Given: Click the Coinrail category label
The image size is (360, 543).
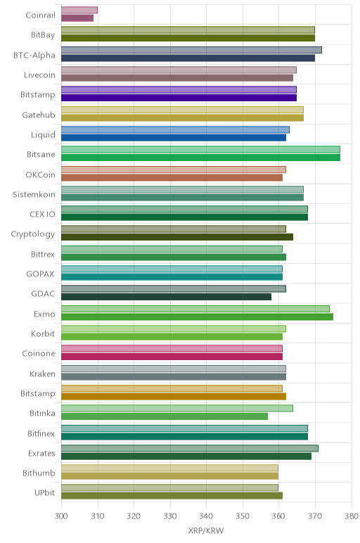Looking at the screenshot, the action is click(x=40, y=15).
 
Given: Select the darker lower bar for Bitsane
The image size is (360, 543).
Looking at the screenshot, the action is click(x=201, y=158).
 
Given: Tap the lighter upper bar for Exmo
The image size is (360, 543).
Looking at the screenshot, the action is click(x=195, y=309).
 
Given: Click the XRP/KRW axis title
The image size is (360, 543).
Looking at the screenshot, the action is click(x=206, y=530).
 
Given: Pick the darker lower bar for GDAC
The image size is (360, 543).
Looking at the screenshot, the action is click(x=166, y=297).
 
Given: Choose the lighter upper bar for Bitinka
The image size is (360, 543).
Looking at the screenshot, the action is click(x=177, y=408).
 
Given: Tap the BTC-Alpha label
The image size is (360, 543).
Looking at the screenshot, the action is click(x=34, y=55).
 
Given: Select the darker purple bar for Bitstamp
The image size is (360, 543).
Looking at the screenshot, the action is click(x=179, y=98).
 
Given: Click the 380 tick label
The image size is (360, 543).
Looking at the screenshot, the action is click(x=352, y=516).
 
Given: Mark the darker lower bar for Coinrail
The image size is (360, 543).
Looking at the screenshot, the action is click(x=77, y=18).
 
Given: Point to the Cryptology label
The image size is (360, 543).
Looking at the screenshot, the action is click(x=33, y=234).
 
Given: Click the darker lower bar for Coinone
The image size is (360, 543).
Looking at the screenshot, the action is click(x=172, y=357).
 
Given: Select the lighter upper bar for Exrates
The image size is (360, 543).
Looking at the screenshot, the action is click(x=190, y=449).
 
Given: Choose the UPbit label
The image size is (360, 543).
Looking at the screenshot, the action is click(x=45, y=493).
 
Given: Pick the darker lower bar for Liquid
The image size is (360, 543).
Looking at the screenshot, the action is click(x=174, y=137).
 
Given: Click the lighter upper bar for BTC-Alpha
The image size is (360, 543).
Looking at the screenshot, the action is click(x=191, y=50).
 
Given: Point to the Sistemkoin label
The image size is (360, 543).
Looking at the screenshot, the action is click(x=34, y=194).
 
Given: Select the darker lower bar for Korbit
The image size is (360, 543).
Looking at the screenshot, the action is click(x=172, y=337).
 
